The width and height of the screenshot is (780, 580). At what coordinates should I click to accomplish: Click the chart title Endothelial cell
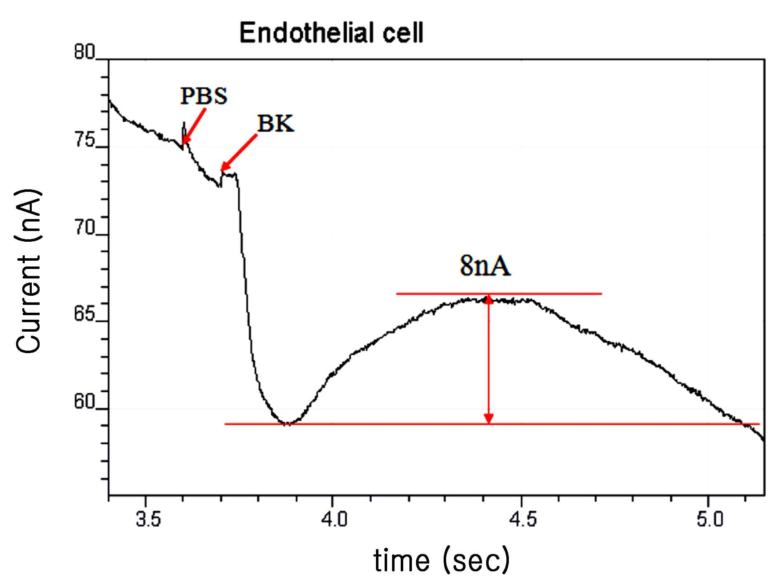331,33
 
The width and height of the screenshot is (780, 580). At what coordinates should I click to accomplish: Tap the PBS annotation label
204,96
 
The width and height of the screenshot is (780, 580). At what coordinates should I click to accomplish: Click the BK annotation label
276,123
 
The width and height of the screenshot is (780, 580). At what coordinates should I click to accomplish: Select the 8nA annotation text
485,266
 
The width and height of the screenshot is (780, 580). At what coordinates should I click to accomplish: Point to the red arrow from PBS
194,126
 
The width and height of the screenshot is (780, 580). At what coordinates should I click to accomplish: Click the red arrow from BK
239,153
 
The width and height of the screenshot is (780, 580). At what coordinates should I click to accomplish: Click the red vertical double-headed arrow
489,359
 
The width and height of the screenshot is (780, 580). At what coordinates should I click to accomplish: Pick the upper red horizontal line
499,294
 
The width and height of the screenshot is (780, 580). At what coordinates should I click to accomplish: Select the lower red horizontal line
492,424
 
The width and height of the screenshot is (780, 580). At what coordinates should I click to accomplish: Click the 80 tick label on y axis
84,52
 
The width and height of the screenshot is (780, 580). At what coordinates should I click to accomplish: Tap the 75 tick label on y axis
84,140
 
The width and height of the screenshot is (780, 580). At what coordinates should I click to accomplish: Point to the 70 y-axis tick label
84,227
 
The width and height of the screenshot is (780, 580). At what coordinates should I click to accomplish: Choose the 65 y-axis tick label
84,314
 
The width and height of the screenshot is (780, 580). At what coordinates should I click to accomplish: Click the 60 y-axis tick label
84,401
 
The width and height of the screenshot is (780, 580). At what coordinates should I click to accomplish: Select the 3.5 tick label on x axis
148,519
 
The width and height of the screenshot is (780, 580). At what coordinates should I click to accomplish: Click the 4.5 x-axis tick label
523,519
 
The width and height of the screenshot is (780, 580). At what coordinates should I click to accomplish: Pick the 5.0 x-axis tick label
710,519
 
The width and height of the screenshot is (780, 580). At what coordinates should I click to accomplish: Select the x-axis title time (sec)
442,560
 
